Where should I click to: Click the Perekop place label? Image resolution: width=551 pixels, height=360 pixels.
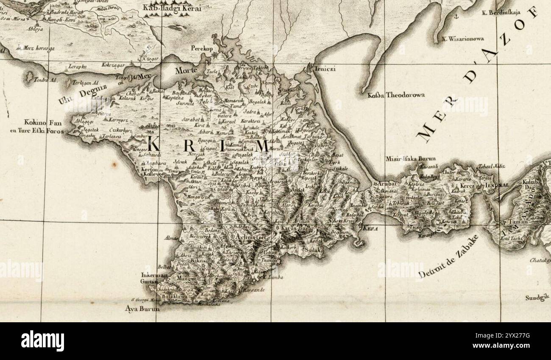201,48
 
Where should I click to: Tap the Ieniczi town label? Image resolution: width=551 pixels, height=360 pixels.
325,69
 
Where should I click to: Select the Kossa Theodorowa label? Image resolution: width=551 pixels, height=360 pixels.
396,95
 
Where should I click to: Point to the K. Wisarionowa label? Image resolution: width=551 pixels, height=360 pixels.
463,39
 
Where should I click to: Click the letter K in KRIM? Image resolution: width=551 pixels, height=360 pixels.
153,145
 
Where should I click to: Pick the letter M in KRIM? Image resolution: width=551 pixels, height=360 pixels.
262,146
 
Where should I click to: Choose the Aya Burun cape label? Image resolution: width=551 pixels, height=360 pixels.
142,309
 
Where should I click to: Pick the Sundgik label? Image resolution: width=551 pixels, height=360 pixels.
537,298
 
